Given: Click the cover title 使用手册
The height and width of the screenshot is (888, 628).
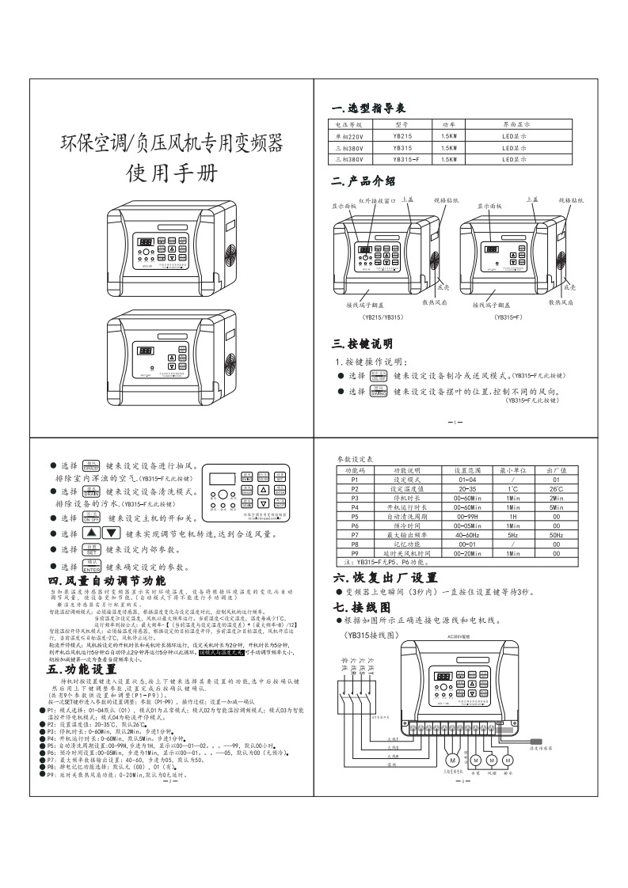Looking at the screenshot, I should [x=170, y=175].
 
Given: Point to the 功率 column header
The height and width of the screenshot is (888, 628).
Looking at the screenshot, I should [x=449, y=125].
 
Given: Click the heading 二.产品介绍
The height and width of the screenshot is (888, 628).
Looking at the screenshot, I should [x=363, y=181].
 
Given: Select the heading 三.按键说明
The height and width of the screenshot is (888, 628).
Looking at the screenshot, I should [x=363, y=343].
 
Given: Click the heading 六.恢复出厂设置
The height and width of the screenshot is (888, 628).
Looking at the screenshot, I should [x=385, y=578].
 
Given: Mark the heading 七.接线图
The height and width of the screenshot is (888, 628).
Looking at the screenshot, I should [x=363, y=608].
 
